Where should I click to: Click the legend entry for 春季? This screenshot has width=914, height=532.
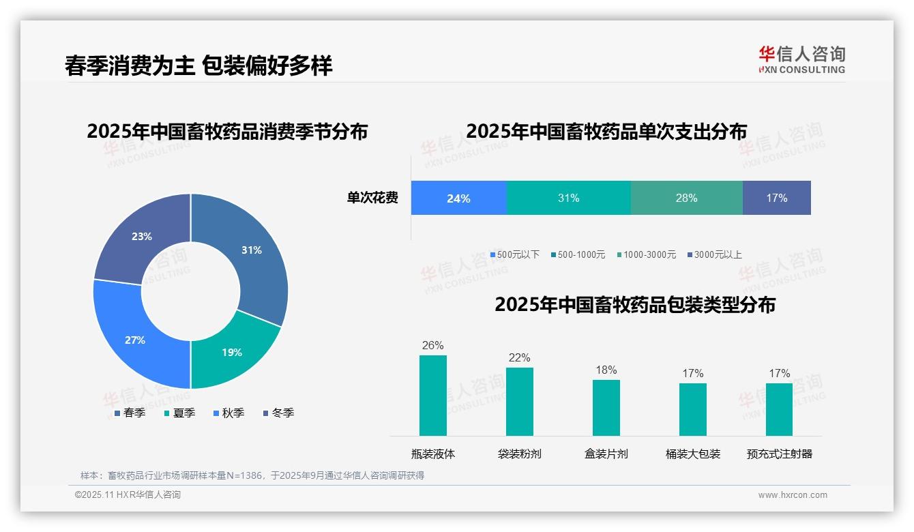pyautogui.click(x=129, y=413)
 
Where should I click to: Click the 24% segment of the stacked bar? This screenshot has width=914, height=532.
pyautogui.click(x=458, y=198)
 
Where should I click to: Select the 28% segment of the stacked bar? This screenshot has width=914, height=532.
pyautogui.click(x=686, y=198)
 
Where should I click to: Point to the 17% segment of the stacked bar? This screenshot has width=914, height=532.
pyautogui.click(x=776, y=198)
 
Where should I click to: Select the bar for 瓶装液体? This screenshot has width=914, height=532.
pyautogui.click(x=433, y=396)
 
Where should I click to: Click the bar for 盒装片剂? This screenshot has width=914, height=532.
pyautogui.click(x=606, y=407)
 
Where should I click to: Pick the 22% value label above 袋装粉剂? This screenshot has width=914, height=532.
pyautogui.click(x=519, y=358)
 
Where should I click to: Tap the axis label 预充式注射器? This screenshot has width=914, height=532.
pyautogui.click(x=779, y=454)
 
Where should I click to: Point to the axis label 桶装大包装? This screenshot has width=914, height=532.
pyautogui.click(x=692, y=454)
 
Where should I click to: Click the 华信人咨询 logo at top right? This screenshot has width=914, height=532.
pyautogui.click(x=801, y=59)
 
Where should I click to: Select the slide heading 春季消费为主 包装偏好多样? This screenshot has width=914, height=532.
pyautogui.click(x=198, y=66)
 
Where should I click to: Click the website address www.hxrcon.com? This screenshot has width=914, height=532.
pyautogui.click(x=793, y=495)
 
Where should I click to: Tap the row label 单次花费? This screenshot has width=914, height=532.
pyautogui.click(x=372, y=198)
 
